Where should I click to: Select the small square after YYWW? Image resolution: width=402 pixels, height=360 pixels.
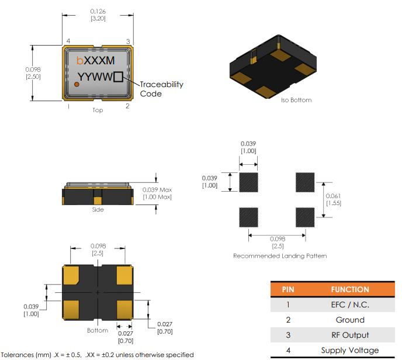tap(119, 77)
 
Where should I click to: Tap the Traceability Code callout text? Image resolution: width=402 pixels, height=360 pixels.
tap(161, 89)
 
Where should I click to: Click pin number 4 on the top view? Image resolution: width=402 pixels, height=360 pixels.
tap(68, 41)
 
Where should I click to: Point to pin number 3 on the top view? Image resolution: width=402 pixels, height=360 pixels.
tap(128, 41)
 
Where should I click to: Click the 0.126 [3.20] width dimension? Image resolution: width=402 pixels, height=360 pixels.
tap(98, 15)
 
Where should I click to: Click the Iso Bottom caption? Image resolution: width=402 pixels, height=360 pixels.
tap(296, 100)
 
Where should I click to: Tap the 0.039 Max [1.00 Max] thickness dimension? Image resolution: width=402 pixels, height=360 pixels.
tap(157, 193)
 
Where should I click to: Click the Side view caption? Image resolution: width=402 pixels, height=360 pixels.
tap(98, 209)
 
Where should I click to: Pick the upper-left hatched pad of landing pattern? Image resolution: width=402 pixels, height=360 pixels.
tap(249, 182)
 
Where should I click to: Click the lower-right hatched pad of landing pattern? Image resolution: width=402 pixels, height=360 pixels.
tap(304, 217)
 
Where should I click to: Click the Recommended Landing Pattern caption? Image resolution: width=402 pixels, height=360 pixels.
tap(280, 256)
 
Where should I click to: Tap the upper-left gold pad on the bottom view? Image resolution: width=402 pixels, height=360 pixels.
tap(71, 274)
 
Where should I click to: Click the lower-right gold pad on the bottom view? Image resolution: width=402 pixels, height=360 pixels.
tap(124, 308)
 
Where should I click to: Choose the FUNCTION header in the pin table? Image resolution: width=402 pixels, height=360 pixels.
tap(350, 289)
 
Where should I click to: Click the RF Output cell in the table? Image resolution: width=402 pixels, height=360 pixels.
tap(350, 335)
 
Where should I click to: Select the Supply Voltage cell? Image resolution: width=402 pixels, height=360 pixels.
tap(350, 351)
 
